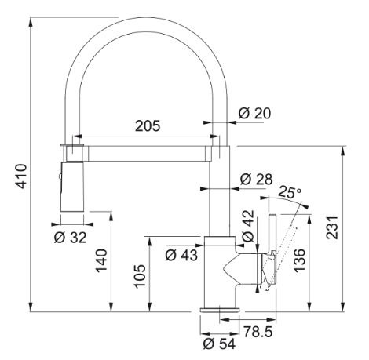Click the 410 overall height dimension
pos(21,176)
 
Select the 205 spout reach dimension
pos(148,125)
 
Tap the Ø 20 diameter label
pos(254,114)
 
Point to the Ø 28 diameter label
pos(256,179)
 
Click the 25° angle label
pos(290,192)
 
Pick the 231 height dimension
pos(332,227)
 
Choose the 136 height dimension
pos(299,260)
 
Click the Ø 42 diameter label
pos(248,226)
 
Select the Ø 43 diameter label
pos(181,255)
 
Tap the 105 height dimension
pos(140,276)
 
